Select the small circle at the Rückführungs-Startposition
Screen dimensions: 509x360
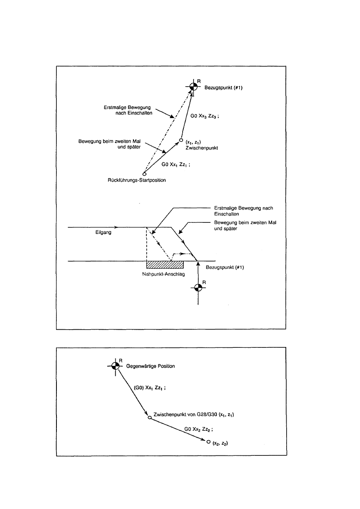(144, 174)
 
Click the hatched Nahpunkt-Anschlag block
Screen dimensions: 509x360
(165, 264)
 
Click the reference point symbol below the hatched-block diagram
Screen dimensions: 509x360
(198, 287)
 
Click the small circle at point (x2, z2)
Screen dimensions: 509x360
(208, 442)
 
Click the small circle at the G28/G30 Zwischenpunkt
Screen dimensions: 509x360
(149, 418)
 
